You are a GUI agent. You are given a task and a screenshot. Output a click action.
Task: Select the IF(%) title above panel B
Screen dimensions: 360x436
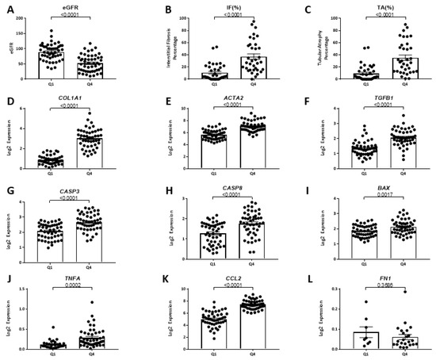[224, 7]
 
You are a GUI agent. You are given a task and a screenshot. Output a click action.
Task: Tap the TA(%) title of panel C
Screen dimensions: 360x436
[369, 7]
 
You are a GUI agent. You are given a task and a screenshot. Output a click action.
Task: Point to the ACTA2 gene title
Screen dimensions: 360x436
[224, 98]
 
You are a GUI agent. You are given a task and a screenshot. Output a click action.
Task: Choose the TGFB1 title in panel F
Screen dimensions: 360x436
[370, 98]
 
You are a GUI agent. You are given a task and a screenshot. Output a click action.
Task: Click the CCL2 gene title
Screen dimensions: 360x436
[224, 279]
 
